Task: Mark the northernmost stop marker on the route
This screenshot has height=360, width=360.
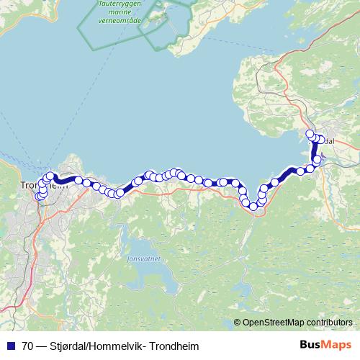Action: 310,134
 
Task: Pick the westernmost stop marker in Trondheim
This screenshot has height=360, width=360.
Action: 39,197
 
